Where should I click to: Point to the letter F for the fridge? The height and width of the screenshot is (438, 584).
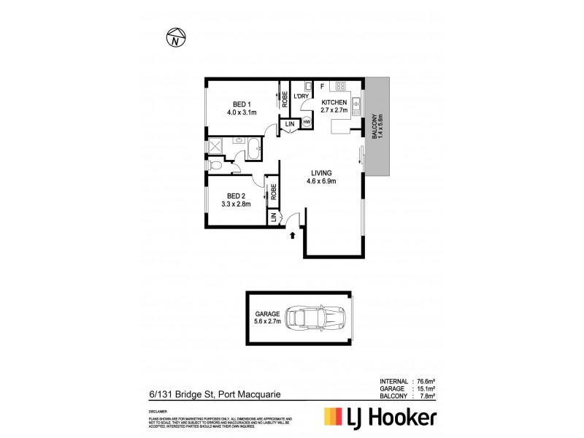[x=321, y=87]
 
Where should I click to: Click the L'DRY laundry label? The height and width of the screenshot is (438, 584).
[x=301, y=97]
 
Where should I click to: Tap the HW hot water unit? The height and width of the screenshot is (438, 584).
[x=307, y=121]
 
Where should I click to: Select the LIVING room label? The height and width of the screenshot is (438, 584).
[x=322, y=172]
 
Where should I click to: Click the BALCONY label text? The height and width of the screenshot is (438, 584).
[x=374, y=127]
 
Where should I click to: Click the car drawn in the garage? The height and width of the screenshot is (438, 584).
[x=315, y=318]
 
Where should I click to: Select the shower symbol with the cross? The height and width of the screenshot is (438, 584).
[x=216, y=147]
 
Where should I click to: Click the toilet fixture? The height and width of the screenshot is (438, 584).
[x=215, y=167]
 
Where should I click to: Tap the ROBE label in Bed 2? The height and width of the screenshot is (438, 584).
[x=273, y=192]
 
